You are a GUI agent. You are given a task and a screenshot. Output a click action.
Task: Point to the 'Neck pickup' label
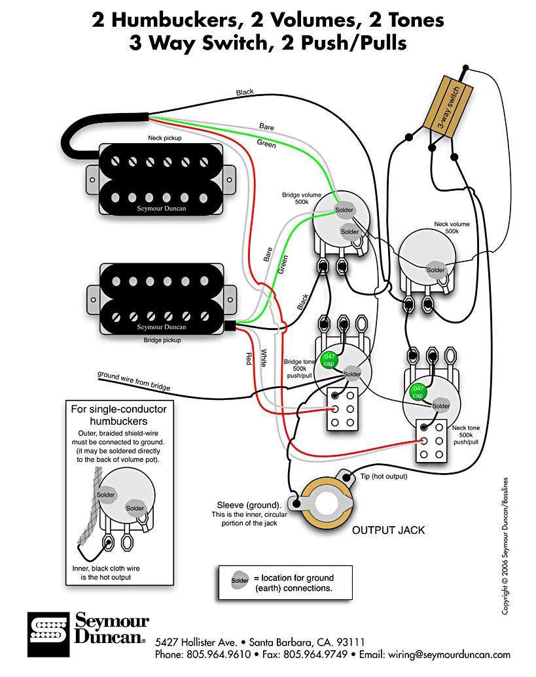(164, 139)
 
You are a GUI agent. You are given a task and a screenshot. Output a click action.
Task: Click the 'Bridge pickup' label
(162, 340)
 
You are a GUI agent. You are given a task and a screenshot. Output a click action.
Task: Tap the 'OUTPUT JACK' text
(388, 530)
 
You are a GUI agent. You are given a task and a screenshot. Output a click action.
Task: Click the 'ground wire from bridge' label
(134, 381)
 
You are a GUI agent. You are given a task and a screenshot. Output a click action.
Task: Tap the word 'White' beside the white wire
(264, 357)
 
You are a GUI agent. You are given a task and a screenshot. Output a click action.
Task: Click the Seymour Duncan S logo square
(48, 634)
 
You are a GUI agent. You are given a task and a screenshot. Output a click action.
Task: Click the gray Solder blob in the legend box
(239, 579)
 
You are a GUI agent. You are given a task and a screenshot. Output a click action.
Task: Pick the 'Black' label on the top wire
(245, 93)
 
